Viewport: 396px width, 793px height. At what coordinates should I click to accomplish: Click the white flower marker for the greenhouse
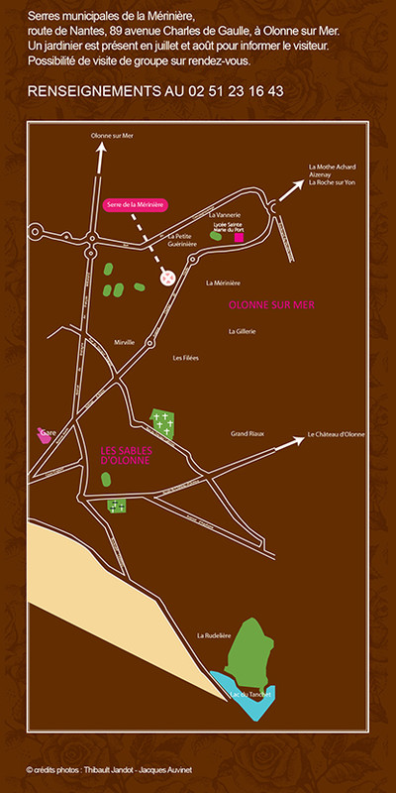167,280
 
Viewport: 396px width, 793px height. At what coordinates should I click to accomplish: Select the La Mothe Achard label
332,167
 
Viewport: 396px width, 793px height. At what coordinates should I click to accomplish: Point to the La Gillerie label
242,331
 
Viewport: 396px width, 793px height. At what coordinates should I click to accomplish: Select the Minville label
124,341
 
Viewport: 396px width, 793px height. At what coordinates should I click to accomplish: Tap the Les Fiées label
185,358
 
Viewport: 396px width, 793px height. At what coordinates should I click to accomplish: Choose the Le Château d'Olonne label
337,434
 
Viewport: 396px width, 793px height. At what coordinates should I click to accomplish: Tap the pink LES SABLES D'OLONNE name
126,455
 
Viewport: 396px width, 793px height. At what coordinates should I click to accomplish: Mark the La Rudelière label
213,635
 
